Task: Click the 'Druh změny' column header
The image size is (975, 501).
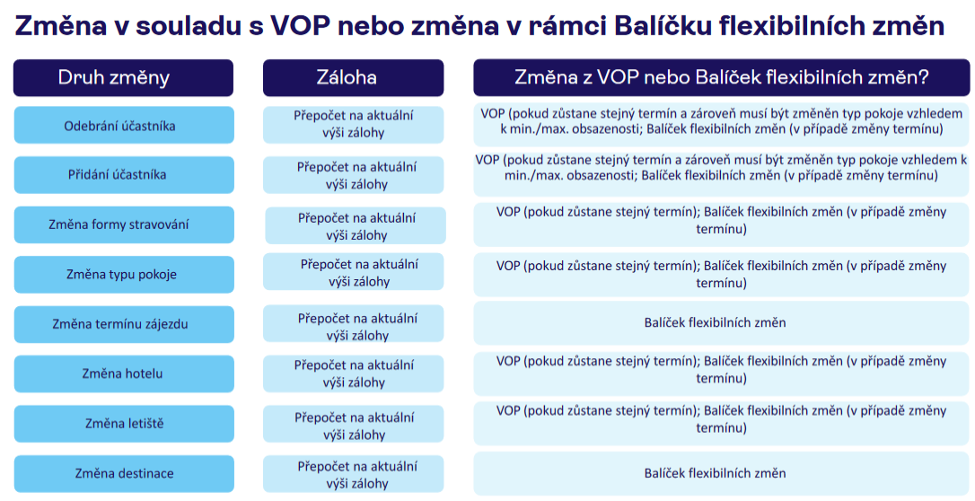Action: coord(123,78)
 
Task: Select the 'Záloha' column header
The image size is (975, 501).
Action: coord(353,78)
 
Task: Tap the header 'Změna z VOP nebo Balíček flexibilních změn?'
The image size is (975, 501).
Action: coord(721,78)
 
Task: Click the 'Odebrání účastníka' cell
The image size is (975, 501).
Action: coord(124,125)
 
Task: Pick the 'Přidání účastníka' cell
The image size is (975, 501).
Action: coord(124,175)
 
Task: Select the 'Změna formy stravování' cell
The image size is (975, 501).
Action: coord(124,224)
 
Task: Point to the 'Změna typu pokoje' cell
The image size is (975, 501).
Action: coord(124,274)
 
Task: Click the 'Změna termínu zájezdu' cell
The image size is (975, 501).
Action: coord(124,324)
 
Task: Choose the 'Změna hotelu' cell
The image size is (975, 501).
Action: coord(124,374)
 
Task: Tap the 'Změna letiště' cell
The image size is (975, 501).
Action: coord(124,423)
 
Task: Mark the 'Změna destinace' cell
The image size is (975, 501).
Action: coord(124,473)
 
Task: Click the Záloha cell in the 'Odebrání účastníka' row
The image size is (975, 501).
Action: coord(353,124)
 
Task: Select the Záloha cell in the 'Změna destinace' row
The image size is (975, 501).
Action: coord(353,474)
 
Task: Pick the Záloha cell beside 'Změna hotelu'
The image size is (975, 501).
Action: coord(353,374)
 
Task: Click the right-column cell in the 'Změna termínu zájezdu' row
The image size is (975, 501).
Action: coord(721,323)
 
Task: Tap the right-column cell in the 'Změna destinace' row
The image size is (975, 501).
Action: coord(721,474)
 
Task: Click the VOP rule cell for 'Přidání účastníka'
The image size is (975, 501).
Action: coord(721,175)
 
